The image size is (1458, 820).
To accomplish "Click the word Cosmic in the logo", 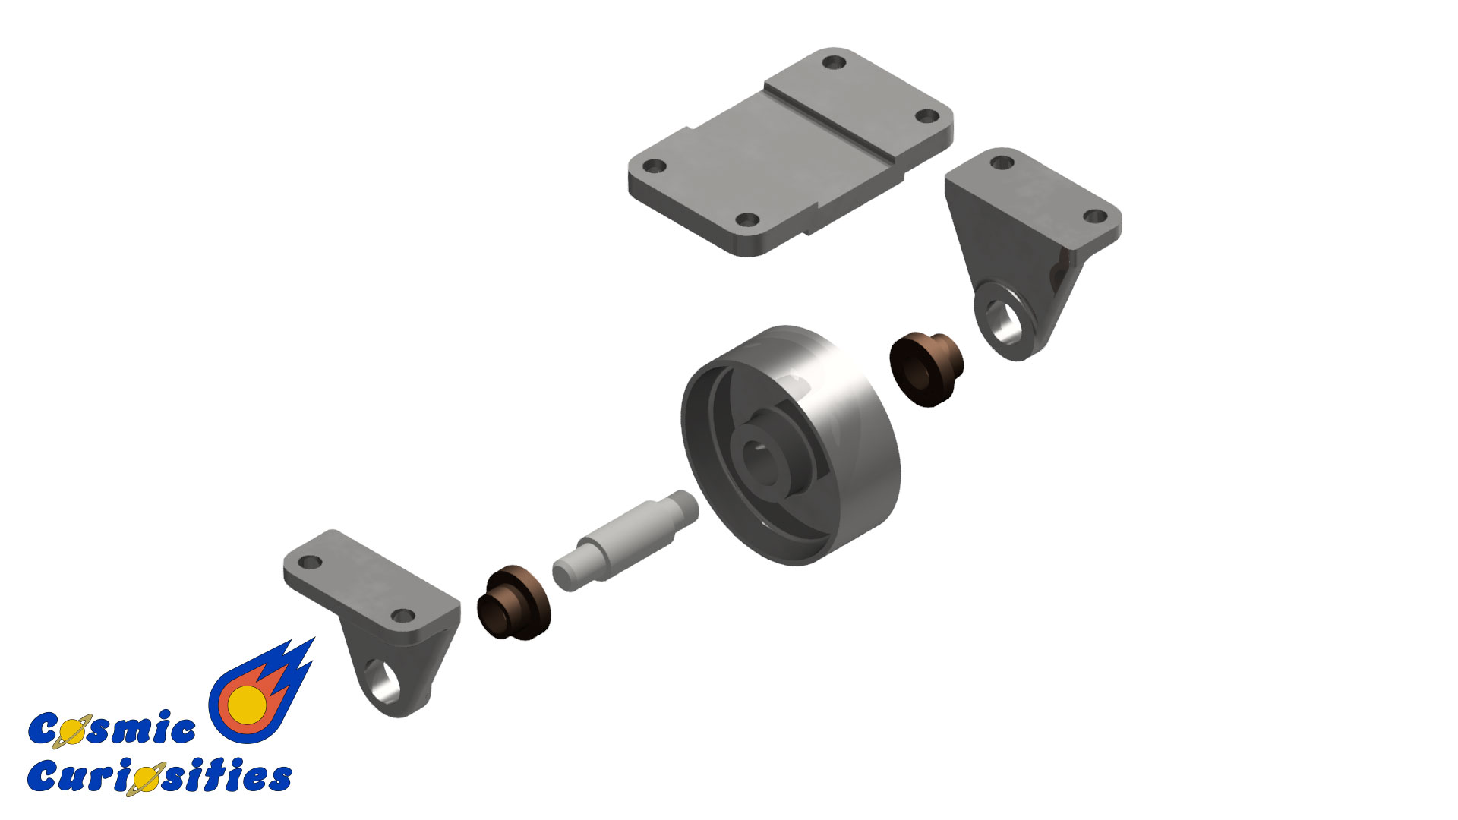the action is coord(112,729).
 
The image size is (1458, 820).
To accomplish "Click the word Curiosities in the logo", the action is coord(159,776).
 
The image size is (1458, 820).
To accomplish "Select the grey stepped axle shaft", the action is coord(625,540).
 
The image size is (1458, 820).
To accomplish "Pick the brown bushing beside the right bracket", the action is coord(926,368).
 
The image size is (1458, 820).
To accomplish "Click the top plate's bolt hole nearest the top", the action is coord(837,61).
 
